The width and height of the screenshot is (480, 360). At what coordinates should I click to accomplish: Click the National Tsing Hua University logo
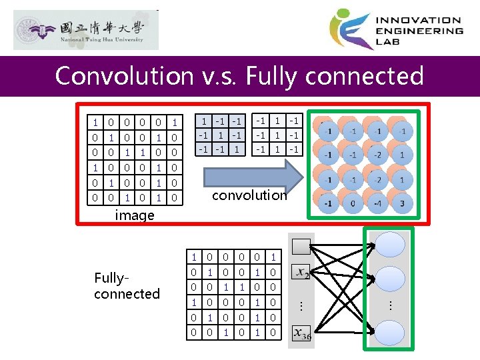[x=86, y=30]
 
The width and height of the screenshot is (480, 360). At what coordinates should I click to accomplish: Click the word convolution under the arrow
[x=249, y=195]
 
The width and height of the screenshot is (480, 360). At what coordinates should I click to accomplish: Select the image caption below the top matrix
[x=135, y=215]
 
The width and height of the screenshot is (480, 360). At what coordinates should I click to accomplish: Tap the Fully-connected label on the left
[x=127, y=286]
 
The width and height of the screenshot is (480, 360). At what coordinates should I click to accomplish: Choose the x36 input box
[x=302, y=334]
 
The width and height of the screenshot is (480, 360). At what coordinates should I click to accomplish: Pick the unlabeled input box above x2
[x=302, y=247]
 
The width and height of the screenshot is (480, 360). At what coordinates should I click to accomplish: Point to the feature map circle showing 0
[x=353, y=203]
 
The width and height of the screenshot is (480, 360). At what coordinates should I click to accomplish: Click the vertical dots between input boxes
[x=301, y=305]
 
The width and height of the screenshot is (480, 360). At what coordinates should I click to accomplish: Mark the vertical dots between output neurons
[x=390, y=305]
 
